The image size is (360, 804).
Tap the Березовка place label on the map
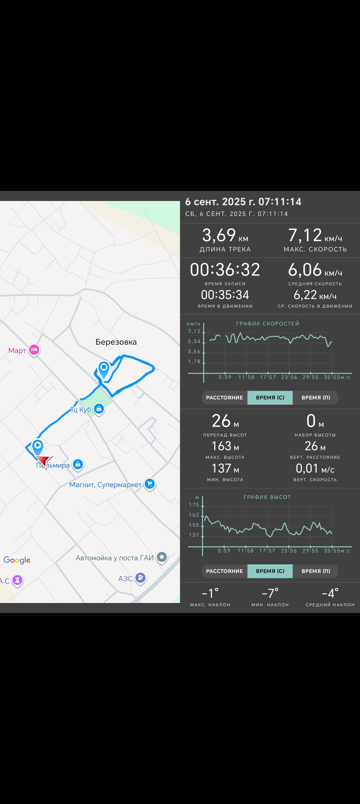pos(116,342)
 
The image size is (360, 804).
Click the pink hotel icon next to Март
pos(34,350)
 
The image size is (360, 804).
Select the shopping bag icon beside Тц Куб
pos(99,409)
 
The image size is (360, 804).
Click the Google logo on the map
pos(17,560)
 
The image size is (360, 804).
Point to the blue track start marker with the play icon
pos(38,447)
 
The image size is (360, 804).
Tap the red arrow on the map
pos(44,462)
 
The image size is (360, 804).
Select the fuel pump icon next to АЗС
pos(140,578)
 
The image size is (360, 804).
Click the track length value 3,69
pos(219,235)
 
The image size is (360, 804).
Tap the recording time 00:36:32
pos(225,270)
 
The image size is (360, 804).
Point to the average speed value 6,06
pos(305,270)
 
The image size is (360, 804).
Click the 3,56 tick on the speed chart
pos(194,352)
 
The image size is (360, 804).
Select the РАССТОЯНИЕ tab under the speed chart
pos(225,398)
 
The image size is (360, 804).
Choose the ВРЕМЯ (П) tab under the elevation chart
pos(316,571)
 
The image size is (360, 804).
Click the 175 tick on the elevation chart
pos(194,505)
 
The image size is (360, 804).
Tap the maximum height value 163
pos(222,446)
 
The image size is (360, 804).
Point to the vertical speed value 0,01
pos(307,468)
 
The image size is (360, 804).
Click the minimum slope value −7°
pos(270,593)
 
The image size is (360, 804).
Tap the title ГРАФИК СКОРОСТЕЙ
pos(268,324)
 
